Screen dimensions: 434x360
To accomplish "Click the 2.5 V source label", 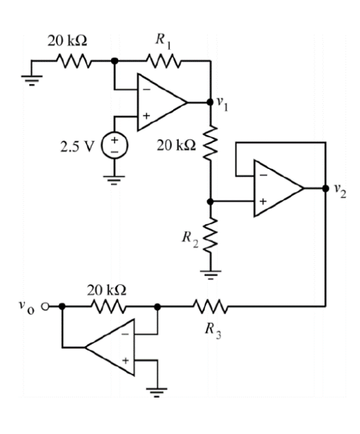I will pyautogui.click(x=78, y=147).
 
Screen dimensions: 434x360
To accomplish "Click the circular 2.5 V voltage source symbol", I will pyautogui.click(x=113, y=147).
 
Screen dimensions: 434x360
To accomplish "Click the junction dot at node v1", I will pyautogui.click(x=210, y=103).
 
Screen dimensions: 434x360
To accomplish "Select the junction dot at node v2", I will pyautogui.click(x=325, y=188).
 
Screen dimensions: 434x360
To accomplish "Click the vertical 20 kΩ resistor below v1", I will pyautogui.click(x=210, y=142).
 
